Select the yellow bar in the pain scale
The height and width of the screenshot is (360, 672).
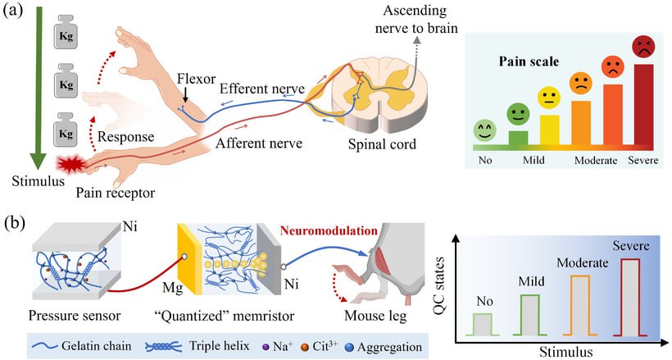(548, 130)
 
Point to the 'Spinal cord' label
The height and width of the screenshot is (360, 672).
(375, 144)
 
